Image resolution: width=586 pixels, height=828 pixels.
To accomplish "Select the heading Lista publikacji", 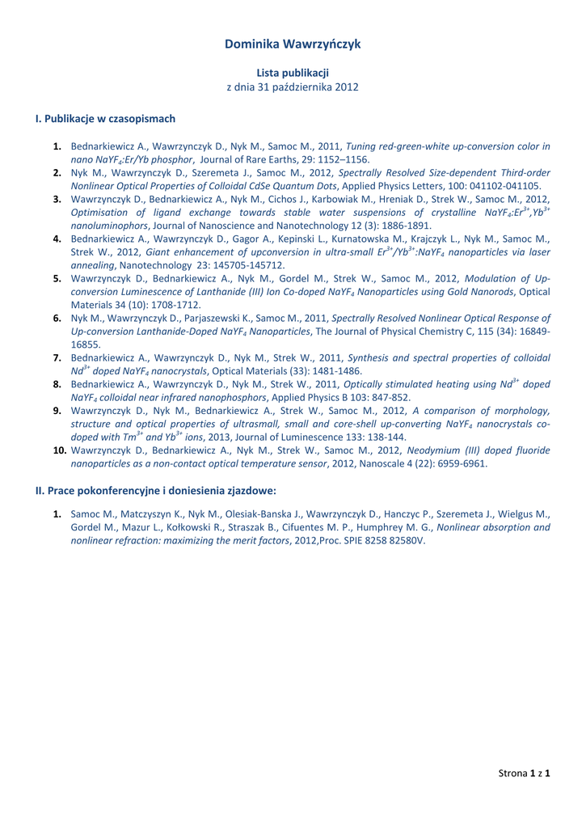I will (x=293, y=73).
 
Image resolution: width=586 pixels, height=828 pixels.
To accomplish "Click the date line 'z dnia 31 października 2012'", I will (x=293, y=87).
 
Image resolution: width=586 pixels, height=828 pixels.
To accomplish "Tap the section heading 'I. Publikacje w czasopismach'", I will (x=105, y=119).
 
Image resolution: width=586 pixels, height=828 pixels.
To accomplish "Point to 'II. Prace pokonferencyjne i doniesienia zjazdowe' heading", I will (x=156, y=491).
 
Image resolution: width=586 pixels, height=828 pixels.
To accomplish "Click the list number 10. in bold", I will (x=58, y=451).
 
